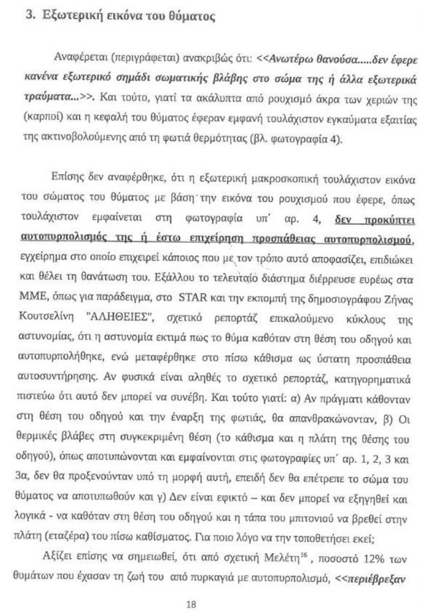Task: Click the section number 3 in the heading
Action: click(x=29, y=17)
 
